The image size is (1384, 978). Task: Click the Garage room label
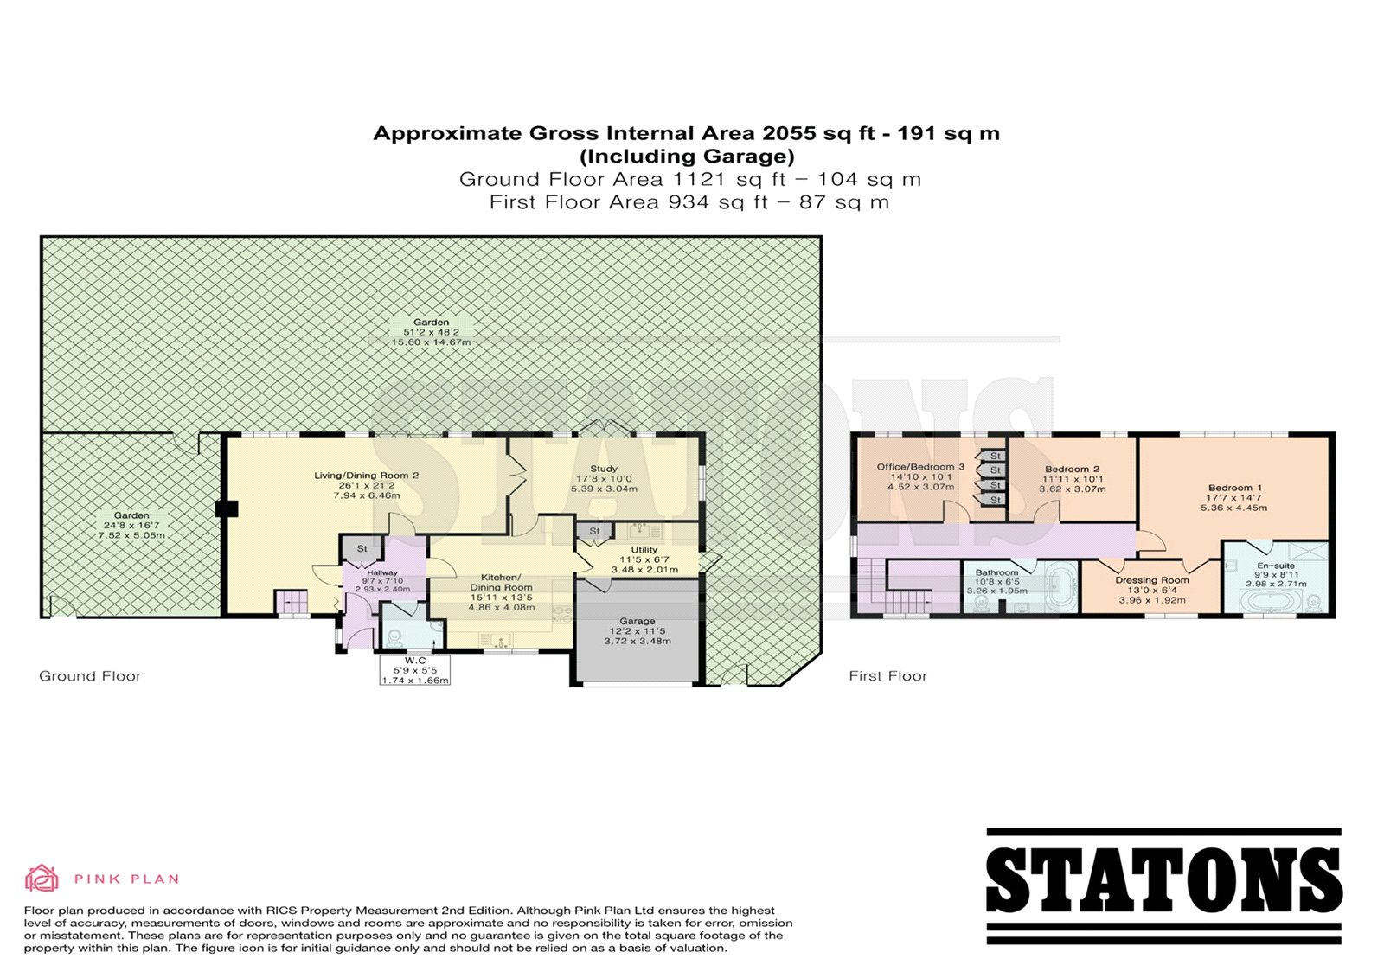coord(637,621)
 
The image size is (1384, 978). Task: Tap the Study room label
coord(603,469)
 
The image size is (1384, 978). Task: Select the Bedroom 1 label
coord(1233,488)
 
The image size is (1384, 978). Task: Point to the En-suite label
coord(1275,566)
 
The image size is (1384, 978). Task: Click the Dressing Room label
coord(1151,580)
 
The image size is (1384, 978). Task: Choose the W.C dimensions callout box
coord(414,669)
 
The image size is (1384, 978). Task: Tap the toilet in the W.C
coord(394,636)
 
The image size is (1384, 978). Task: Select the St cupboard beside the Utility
coord(594,531)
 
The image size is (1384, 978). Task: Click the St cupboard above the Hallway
coord(362,548)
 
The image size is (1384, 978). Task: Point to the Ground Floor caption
coord(90,676)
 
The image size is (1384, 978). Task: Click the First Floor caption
coord(887,676)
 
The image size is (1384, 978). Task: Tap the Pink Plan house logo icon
coord(42,878)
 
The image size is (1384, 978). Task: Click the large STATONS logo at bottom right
coord(1164,886)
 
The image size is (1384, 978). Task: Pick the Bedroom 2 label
coord(1072,469)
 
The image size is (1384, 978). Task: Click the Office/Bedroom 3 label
coord(920,466)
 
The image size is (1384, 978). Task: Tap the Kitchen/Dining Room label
coord(501,583)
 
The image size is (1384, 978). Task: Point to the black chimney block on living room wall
coord(227,508)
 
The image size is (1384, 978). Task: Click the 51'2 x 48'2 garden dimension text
coord(432,332)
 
